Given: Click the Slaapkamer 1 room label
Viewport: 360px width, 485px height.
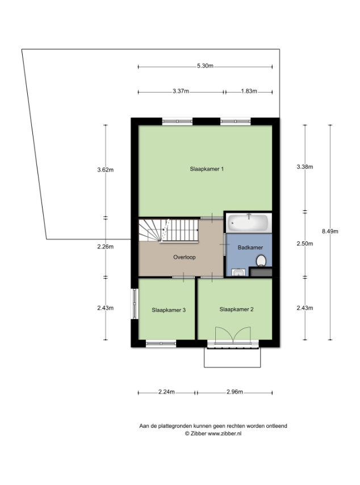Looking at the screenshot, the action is [x=207, y=169].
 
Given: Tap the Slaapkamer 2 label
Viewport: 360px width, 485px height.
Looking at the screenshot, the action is [x=236, y=310].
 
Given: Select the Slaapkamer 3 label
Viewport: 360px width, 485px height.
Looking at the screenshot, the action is [x=169, y=310].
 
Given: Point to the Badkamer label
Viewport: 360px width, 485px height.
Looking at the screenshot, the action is [x=250, y=248].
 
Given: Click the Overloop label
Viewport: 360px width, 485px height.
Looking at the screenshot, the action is [x=185, y=257].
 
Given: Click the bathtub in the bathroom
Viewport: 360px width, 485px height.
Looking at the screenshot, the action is [x=249, y=223].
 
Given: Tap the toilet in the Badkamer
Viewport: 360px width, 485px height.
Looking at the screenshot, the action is [x=261, y=261].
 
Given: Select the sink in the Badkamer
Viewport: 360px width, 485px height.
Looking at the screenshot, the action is [x=238, y=273].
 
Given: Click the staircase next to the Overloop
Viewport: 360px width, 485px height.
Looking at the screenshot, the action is [x=169, y=231].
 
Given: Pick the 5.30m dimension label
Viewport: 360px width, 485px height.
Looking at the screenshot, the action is [x=205, y=66].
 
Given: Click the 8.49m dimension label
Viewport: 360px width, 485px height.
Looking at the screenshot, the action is [x=330, y=231].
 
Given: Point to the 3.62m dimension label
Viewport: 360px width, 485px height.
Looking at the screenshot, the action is [x=106, y=169].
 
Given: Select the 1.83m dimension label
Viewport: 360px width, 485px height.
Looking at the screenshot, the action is [x=249, y=91].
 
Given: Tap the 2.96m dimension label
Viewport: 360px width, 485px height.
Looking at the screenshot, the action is [x=235, y=392].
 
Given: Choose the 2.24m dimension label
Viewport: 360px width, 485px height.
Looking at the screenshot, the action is [x=166, y=392].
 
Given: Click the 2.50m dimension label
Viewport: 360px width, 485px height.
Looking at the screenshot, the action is [x=305, y=244].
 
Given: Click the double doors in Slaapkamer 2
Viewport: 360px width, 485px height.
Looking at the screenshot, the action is [x=233, y=335].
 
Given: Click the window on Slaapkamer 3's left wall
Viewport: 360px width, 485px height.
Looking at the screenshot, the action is [x=135, y=303].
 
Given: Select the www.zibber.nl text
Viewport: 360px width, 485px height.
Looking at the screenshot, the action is [x=224, y=434].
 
